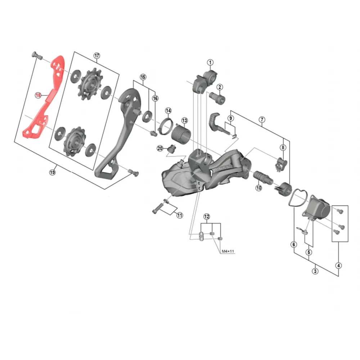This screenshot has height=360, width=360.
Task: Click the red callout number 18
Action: coord(38,95)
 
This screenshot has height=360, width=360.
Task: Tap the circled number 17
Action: coord(97,55)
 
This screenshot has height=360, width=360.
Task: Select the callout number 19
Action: coord(52,172)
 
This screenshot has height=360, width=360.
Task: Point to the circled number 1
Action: coord(210,62)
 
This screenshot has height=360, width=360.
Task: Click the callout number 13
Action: coord(184,121)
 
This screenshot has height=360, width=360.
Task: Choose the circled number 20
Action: coord(160,148)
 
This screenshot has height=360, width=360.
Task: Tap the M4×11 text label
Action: coord(228,251)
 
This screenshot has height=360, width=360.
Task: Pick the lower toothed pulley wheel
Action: coord(75,141)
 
